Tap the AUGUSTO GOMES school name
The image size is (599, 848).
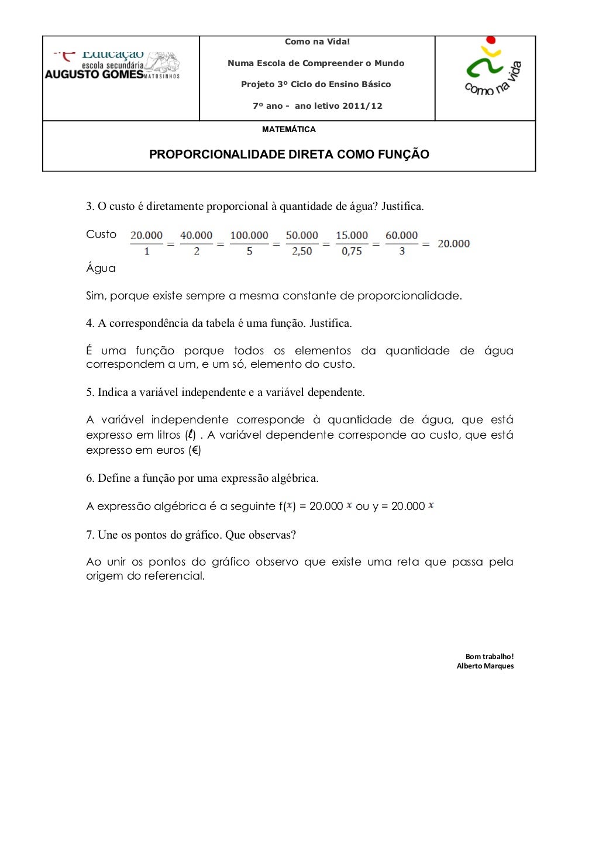pyautogui.click(x=94, y=74)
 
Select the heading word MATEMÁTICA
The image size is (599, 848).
pyautogui.click(x=289, y=129)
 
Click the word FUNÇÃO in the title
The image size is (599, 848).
pyautogui.click(x=403, y=154)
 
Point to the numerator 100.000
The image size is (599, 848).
pyautogui.click(x=249, y=236)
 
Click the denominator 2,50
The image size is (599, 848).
pyautogui.click(x=302, y=251)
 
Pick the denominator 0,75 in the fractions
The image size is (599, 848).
pyautogui.click(x=352, y=251)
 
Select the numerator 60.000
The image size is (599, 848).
pyautogui.click(x=402, y=236)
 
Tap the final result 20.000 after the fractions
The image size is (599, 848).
pyautogui.click(x=454, y=244)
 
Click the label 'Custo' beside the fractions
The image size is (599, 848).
pyautogui.click(x=101, y=235)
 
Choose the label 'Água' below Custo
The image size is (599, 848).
pyautogui.click(x=101, y=268)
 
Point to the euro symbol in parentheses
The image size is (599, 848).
pyautogui.click(x=195, y=450)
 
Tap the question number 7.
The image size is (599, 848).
pyautogui.click(x=89, y=535)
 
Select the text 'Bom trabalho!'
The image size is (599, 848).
pyautogui.click(x=490, y=657)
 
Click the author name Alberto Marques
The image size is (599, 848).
pyautogui.click(x=485, y=666)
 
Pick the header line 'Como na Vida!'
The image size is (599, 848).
pyautogui.click(x=317, y=42)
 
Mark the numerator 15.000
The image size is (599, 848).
pyautogui.click(x=352, y=236)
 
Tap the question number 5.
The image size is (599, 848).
pyautogui.click(x=89, y=392)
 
